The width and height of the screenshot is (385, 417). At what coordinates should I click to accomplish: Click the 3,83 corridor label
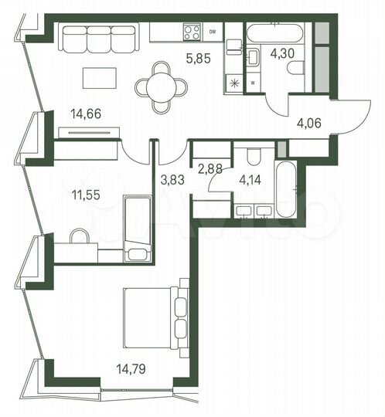pyautogui.click(x=172, y=181)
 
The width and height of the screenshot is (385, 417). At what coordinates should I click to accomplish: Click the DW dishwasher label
pyautogui.click(x=213, y=32)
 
